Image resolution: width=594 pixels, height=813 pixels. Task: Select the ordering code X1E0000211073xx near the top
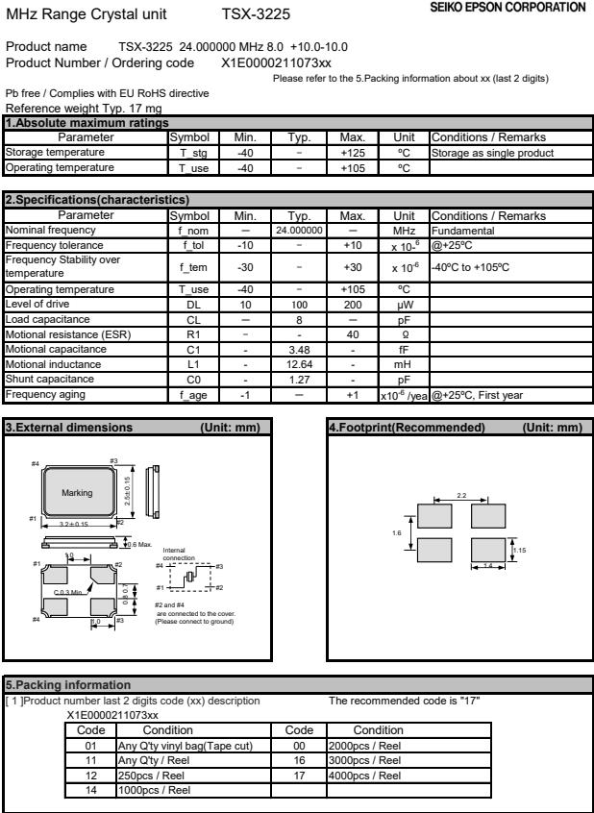pyautogui.click(x=276, y=62)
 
